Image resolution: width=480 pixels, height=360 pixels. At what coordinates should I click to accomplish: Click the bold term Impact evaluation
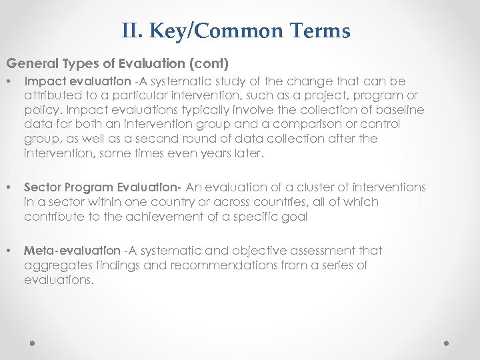pos(77,81)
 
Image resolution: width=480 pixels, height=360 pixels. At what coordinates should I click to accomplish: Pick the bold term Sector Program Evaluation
pos(104,187)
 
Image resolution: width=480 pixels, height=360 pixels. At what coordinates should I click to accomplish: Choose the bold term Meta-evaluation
pos(72,251)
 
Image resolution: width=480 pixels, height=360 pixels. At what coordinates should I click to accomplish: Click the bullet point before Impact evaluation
pos(9,82)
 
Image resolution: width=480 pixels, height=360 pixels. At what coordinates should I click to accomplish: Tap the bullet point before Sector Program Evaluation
pos(9,188)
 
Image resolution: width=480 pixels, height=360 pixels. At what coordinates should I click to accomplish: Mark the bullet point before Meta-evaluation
pos(9,251)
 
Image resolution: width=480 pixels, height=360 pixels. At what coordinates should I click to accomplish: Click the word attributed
pos(52,96)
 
